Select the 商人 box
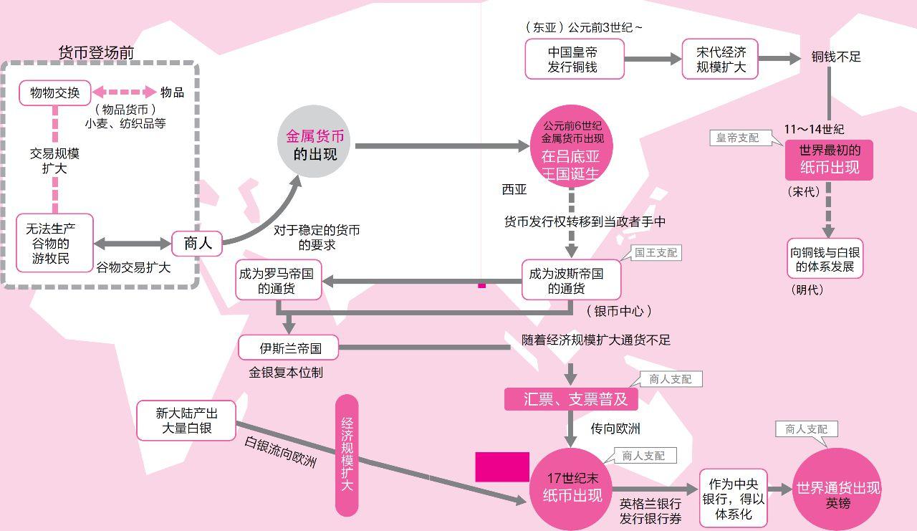(197, 244)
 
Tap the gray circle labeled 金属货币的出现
(315, 143)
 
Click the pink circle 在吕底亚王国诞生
(572, 148)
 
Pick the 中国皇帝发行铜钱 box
(575, 59)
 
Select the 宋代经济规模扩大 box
(721, 59)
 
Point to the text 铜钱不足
(835, 57)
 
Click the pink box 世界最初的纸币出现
(829, 160)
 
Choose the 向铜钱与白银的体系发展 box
(825, 259)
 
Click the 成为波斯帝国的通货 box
(570, 280)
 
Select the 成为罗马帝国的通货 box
(279, 280)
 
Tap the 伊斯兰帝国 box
(289, 349)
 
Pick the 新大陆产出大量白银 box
(186, 421)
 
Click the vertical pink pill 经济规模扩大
(347, 454)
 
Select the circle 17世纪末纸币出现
(572, 487)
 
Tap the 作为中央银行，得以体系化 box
(732, 494)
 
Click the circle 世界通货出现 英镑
(837, 489)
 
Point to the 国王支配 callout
(656, 252)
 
